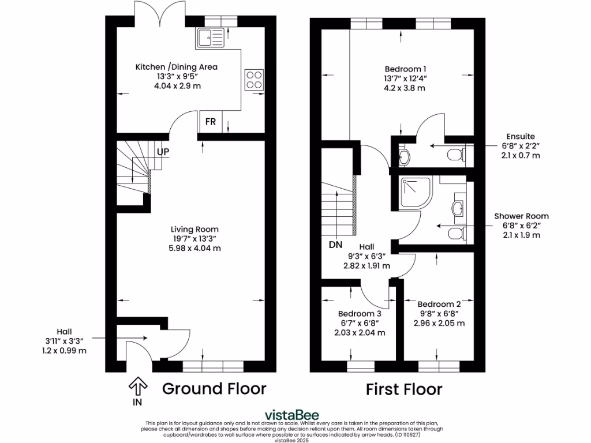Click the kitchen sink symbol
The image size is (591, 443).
point(210,38)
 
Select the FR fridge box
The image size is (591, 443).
point(211,122)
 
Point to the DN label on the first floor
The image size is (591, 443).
point(336,245)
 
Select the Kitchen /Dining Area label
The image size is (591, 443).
point(176,67)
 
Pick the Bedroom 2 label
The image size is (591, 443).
point(439,304)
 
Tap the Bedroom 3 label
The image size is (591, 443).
point(359,314)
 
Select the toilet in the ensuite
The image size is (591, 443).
point(456,154)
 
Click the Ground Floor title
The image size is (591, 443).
point(214,389)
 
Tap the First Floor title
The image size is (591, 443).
point(404,389)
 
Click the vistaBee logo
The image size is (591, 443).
point(291,415)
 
